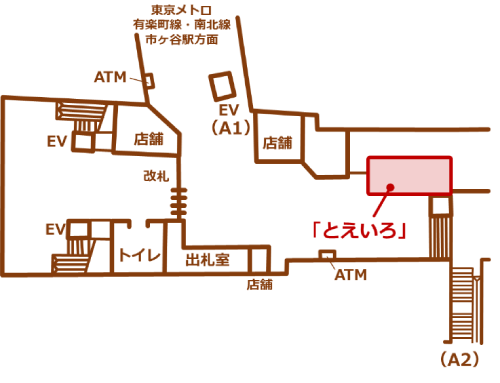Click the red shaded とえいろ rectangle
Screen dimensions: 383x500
click(410, 175)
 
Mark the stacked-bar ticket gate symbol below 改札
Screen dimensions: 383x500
click(179, 206)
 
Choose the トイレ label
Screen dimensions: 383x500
click(140, 257)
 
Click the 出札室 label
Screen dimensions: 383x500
click(208, 259)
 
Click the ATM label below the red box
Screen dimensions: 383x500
click(350, 274)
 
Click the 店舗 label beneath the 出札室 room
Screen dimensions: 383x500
click(260, 284)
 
